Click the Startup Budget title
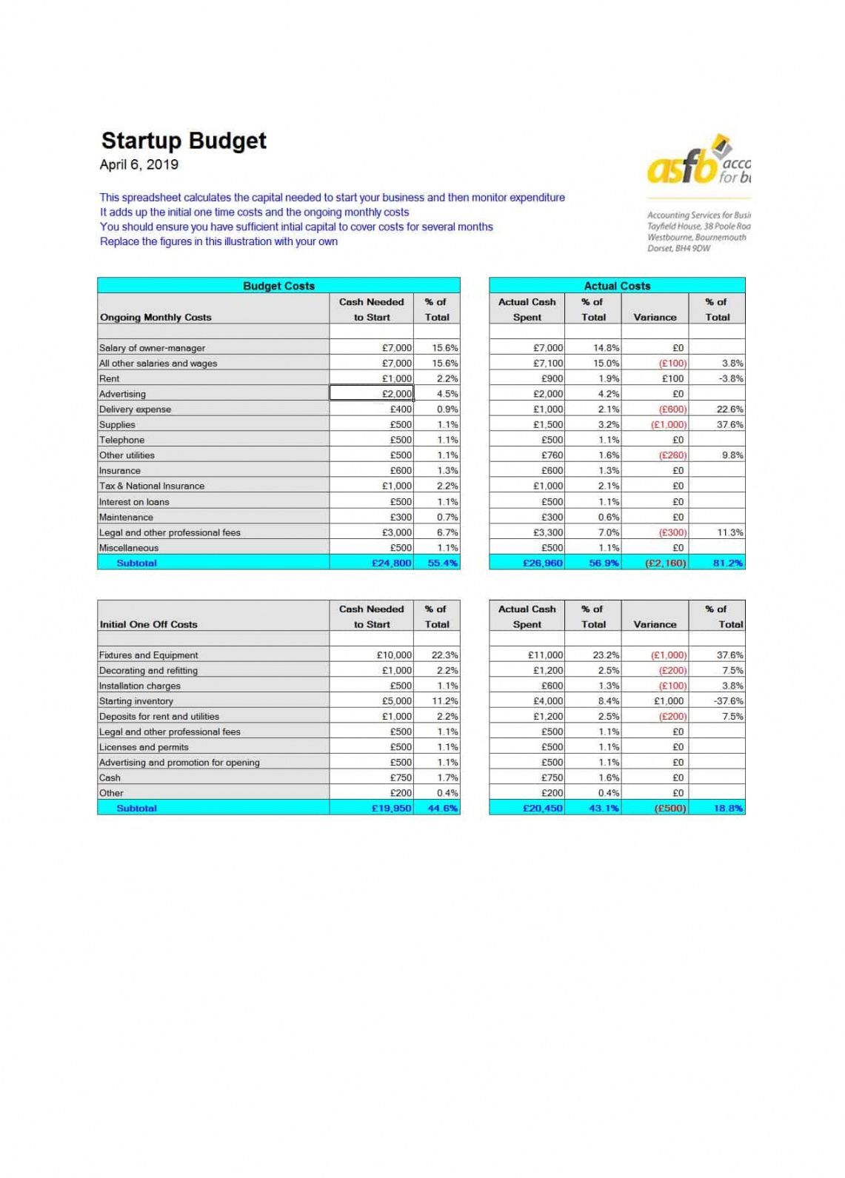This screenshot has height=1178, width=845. pyautogui.click(x=184, y=141)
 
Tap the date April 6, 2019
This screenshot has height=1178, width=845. pyautogui.click(x=139, y=164)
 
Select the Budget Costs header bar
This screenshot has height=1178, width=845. pyautogui.click(x=278, y=286)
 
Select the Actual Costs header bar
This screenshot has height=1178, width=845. pyautogui.click(x=617, y=286)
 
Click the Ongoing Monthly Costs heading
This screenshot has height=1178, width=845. pyautogui.click(x=156, y=318)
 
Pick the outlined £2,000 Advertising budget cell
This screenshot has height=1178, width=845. pyautogui.click(x=371, y=394)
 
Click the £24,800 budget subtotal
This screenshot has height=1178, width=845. pyautogui.click(x=391, y=563)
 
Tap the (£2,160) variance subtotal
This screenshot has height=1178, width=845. pyautogui.click(x=666, y=563)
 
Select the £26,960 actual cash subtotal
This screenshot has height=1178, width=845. pyautogui.click(x=543, y=563)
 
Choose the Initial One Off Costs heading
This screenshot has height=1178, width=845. pyautogui.click(x=149, y=625)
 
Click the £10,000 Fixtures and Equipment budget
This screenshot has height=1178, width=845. pyautogui.click(x=394, y=655)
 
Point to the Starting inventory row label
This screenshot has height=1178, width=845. pyautogui.click(x=136, y=701)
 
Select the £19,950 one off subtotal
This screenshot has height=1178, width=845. pyautogui.click(x=391, y=809)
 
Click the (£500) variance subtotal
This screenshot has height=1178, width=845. pyautogui.click(x=670, y=809)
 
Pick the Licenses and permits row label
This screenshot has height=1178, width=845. pyautogui.click(x=144, y=747)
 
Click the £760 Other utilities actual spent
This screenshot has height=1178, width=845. pyautogui.click(x=552, y=455)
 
